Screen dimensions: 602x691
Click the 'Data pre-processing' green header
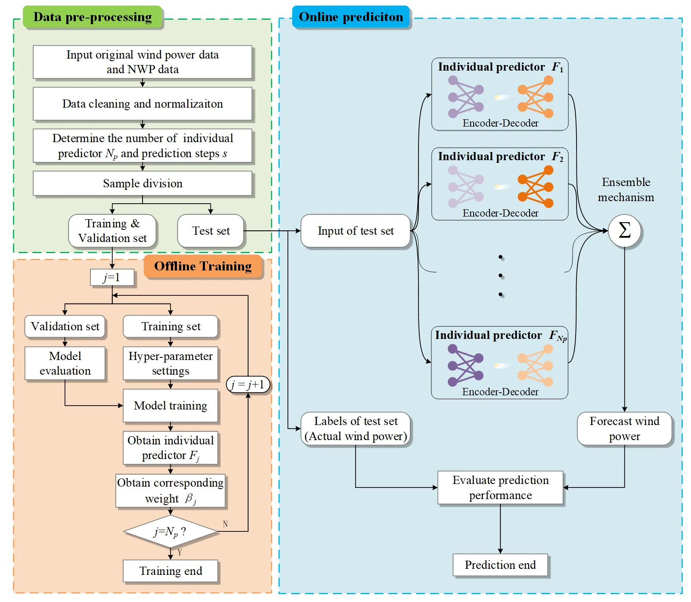coord(93,17)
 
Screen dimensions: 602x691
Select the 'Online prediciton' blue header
coord(351,17)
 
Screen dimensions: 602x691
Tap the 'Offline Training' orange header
coord(203,267)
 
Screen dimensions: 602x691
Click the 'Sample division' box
coord(143,183)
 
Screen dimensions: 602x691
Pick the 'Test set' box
coord(211,231)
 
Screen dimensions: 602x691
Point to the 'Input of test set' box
coord(356,231)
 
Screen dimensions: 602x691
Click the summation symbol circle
coord(624,231)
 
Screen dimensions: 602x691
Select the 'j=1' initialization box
coord(112,278)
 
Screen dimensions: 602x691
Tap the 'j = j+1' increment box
coord(248,385)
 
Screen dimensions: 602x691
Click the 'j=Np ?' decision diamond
coord(170,532)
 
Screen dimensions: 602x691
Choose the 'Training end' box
coord(170,571)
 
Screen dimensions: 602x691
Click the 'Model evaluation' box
coord(65,363)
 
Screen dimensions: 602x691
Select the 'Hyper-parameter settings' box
coord(170,363)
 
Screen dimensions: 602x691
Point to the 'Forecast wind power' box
coord(624,428)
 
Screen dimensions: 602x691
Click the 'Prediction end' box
coord(500,565)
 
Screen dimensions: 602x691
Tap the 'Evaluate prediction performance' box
coord(500,487)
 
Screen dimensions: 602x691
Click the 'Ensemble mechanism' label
coord(626,189)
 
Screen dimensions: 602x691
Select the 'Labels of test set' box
coord(356,428)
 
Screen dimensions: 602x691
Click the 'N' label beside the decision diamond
coord(225,524)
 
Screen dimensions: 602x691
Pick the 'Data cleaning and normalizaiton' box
coord(143,104)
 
